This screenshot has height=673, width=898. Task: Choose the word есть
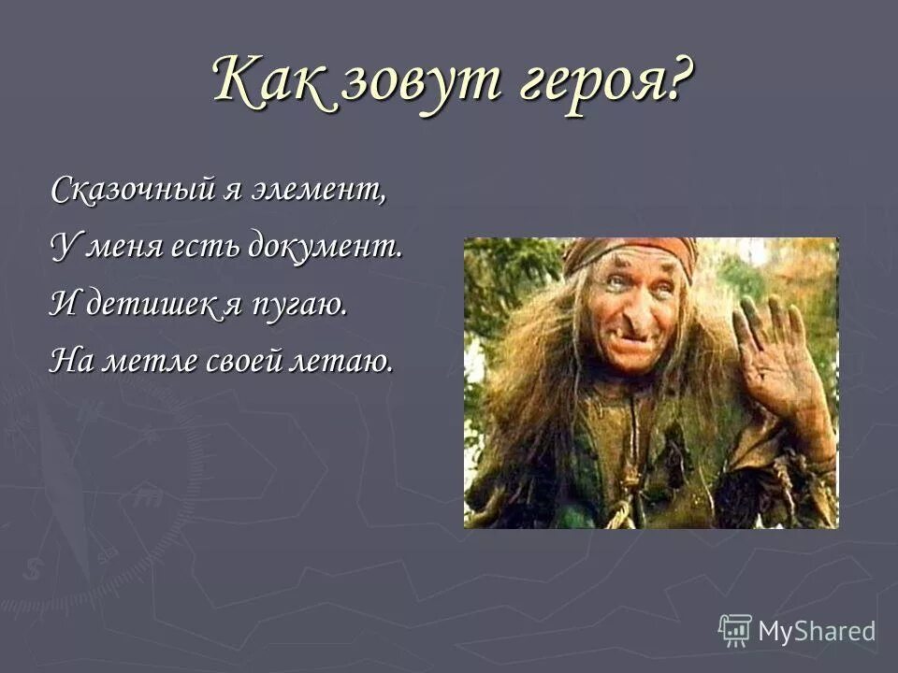[x=205, y=248]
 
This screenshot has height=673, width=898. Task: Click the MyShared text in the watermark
[x=817, y=631]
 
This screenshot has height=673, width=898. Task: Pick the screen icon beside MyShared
[x=735, y=630]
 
